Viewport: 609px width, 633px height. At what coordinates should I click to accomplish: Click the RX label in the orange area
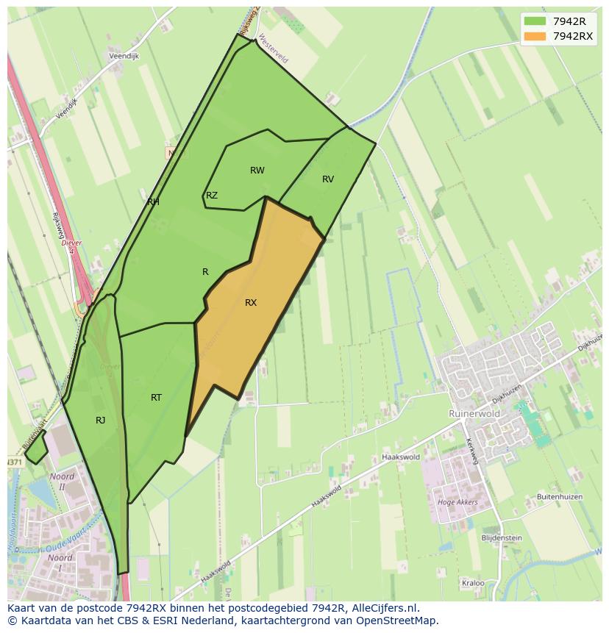251,303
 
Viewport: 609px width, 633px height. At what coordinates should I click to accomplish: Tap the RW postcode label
257,171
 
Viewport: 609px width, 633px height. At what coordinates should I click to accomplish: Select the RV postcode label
328,179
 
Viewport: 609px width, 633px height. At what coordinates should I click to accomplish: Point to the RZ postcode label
212,196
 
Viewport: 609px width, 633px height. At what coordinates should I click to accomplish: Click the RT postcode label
156,398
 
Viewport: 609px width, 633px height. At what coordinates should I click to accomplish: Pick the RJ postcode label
100,421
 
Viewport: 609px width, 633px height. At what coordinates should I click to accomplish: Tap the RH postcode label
153,201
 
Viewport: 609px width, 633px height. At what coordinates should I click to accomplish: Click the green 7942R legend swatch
535,21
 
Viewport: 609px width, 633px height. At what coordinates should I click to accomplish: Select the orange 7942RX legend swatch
535,36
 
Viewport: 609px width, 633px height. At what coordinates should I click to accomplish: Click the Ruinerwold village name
474,414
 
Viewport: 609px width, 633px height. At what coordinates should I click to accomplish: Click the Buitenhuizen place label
559,497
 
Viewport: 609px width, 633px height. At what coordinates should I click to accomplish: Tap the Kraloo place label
473,583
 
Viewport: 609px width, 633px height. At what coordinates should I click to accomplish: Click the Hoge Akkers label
457,503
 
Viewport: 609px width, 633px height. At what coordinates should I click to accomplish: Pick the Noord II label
62,482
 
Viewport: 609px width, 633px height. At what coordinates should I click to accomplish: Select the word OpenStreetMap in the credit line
394,621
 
